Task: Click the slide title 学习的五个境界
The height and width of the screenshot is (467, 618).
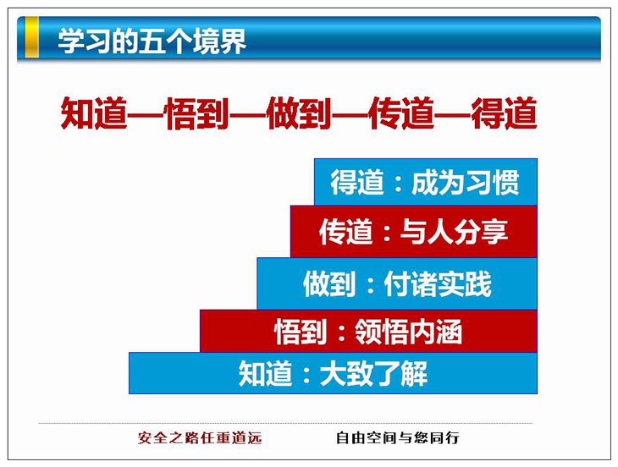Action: point(152,41)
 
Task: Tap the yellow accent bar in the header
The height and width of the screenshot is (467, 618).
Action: point(31,37)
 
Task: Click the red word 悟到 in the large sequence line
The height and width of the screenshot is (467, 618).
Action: point(197,113)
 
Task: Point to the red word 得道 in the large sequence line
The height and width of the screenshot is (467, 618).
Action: point(504,113)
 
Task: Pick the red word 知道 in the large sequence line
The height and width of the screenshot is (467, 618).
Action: point(95,113)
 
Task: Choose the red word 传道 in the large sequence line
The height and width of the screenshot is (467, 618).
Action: point(401,113)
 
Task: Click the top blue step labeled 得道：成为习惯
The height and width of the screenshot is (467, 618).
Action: point(426,182)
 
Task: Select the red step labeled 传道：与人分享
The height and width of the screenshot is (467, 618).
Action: point(414,232)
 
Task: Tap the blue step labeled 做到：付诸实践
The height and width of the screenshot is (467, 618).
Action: point(397,283)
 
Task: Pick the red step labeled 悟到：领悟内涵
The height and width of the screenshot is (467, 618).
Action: point(368,331)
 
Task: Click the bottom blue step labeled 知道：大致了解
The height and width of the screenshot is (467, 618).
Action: point(333,373)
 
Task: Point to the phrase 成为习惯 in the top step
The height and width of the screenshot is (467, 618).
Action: point(466,182)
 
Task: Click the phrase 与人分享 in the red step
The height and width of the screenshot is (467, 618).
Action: point(454,232)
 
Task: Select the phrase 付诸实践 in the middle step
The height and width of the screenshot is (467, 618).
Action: point(438,283)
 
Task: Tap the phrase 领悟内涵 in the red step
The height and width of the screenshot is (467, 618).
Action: point(409,332)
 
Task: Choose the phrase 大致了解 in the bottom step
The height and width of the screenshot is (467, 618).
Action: point(373,373)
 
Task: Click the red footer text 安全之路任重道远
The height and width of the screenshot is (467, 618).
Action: point(200,438)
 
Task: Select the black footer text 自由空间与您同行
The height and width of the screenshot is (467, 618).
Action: point(398,438)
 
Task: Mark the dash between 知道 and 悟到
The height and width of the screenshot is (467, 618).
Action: point(146,114)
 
